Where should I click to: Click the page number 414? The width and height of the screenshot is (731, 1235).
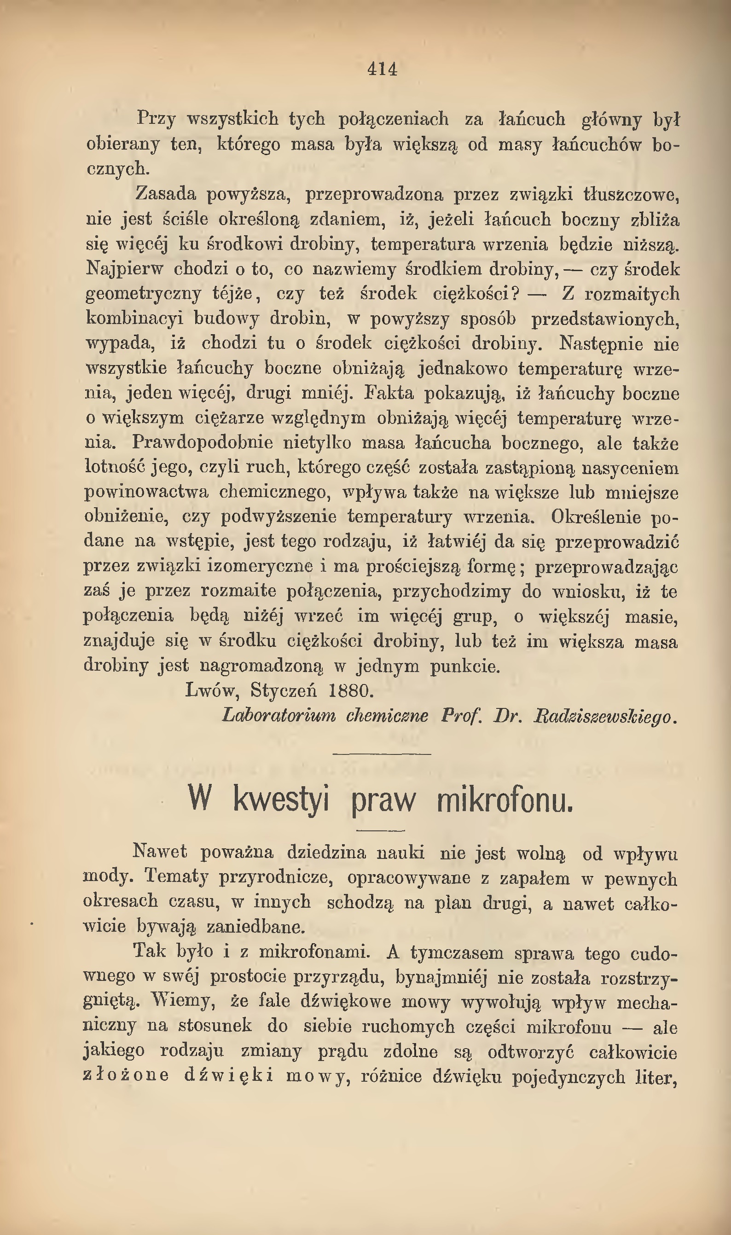382,69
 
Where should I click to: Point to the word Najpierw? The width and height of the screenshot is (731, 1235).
124,269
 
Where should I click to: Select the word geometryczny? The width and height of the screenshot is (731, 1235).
143,294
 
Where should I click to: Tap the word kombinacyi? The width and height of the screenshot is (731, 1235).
134,319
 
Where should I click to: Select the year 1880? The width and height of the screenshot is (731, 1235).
351,690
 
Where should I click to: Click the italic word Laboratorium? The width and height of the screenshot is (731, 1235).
279,715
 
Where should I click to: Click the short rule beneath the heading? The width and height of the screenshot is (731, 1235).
380,831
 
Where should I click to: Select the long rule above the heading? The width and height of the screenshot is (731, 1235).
382,754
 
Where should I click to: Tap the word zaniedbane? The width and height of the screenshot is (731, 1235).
255,927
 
